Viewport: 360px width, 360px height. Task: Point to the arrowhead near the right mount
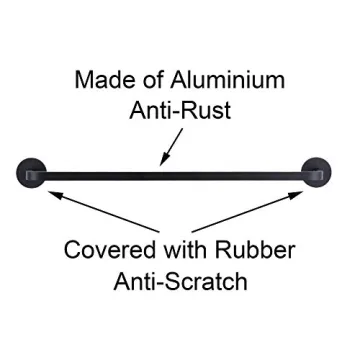click(304, 190)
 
